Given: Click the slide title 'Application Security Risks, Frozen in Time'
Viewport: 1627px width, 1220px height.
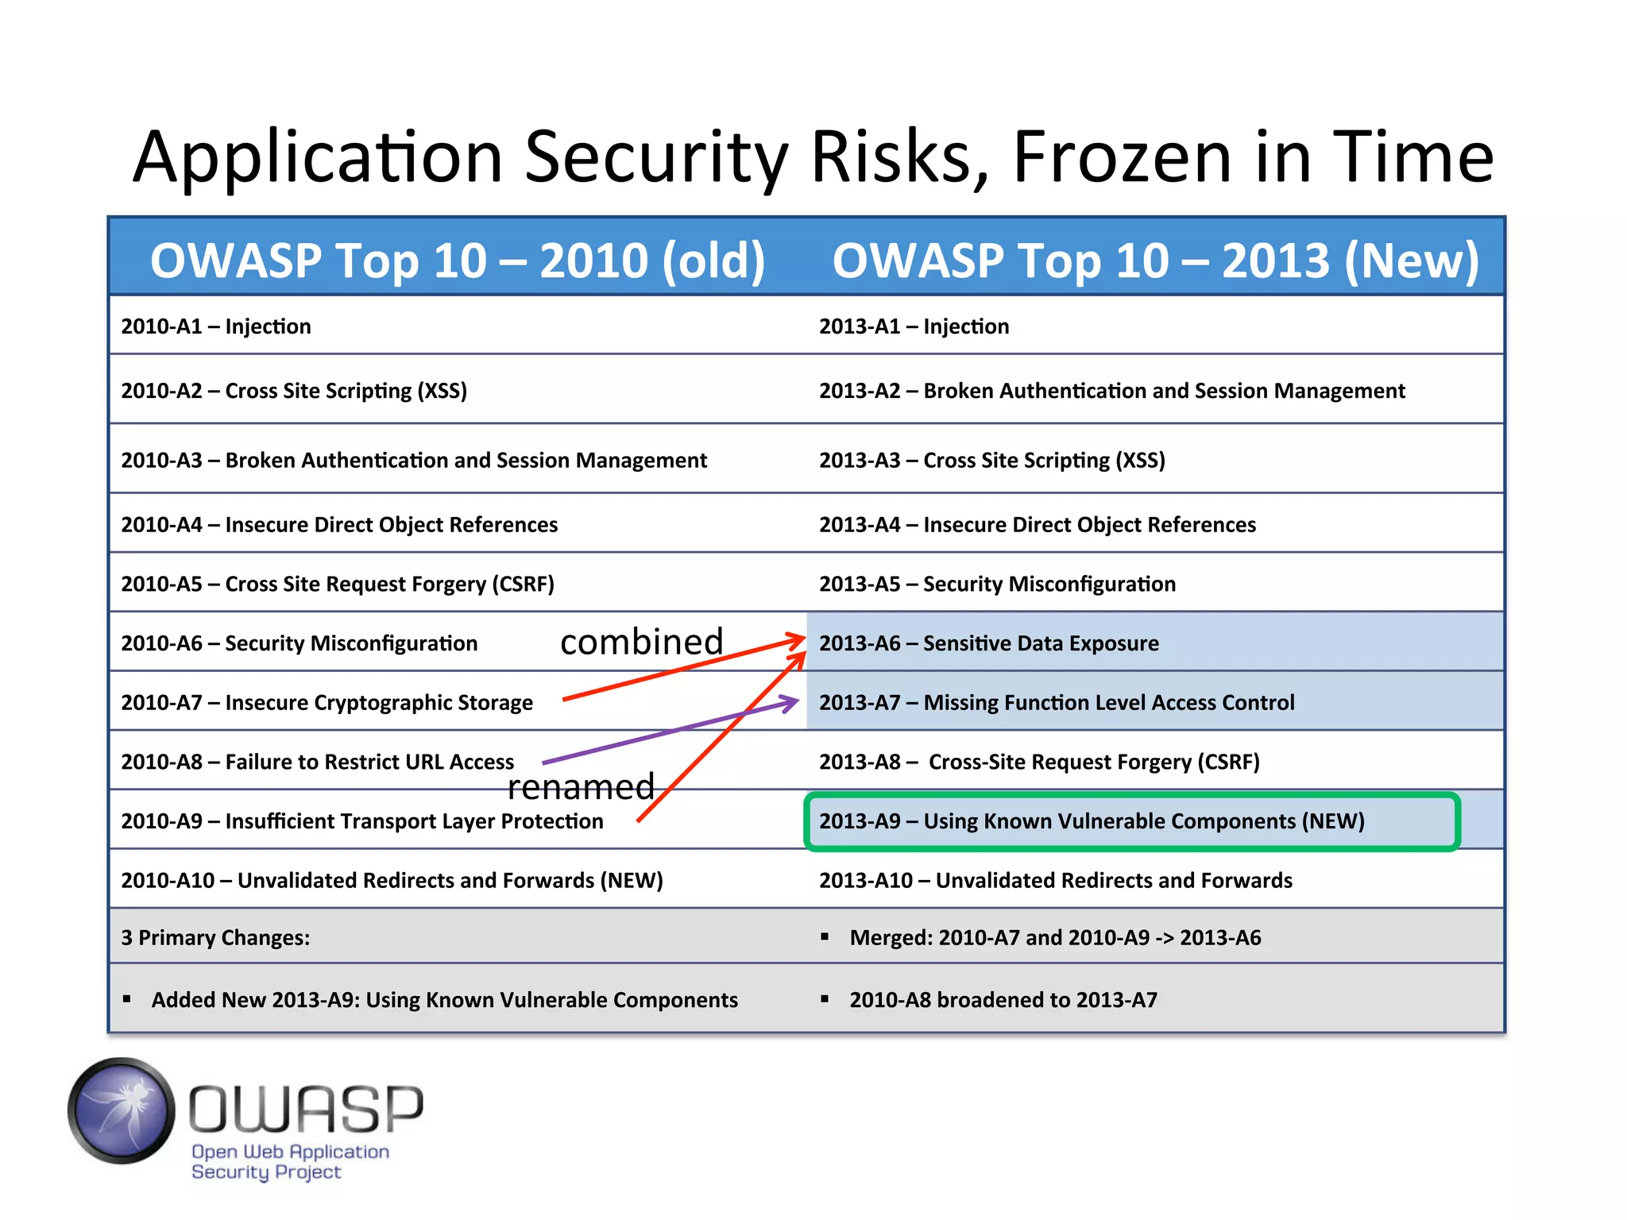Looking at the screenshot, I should click(813, 156).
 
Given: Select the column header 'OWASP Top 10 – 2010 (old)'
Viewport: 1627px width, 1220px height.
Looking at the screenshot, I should click(457, 261).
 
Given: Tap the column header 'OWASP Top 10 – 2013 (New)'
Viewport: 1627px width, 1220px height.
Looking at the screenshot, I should click(1155, 261).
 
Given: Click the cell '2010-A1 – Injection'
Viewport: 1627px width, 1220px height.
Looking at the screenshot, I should click(216, 326).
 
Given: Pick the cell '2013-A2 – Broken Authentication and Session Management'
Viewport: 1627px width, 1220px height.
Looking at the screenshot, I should click(1111, 391).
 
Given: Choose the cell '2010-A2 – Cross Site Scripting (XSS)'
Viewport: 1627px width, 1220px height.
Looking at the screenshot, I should click(294, 391).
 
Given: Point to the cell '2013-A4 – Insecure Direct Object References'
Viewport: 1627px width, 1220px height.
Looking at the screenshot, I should click(1037, 525).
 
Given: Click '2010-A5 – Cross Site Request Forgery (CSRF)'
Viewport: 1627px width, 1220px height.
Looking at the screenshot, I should click(338, 584).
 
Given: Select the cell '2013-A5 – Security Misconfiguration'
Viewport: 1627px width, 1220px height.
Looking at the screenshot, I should click(997, 584).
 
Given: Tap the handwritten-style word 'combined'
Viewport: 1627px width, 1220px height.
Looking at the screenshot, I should click(642, 642).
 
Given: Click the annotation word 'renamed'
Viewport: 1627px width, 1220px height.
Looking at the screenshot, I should click(581, 787).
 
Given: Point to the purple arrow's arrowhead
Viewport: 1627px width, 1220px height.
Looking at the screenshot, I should click(791, 702).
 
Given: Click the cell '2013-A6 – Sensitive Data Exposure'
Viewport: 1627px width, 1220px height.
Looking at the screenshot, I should click(988, 643).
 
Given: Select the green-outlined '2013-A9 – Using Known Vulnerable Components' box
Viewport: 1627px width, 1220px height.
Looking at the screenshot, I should click(1131, 821).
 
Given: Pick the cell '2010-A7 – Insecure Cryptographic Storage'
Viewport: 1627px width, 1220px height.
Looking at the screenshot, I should click(327, 703).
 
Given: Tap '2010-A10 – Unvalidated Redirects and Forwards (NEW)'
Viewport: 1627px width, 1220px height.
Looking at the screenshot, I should click(392, 881).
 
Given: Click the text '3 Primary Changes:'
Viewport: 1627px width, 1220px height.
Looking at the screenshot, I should click(215, 938).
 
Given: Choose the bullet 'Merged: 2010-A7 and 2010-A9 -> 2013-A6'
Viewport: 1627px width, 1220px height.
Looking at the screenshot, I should click(1054, 938).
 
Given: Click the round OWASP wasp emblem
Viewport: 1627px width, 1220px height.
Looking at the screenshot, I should click(122, 1110).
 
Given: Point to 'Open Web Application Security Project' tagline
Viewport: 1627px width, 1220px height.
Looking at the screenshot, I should click(290, 1161).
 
